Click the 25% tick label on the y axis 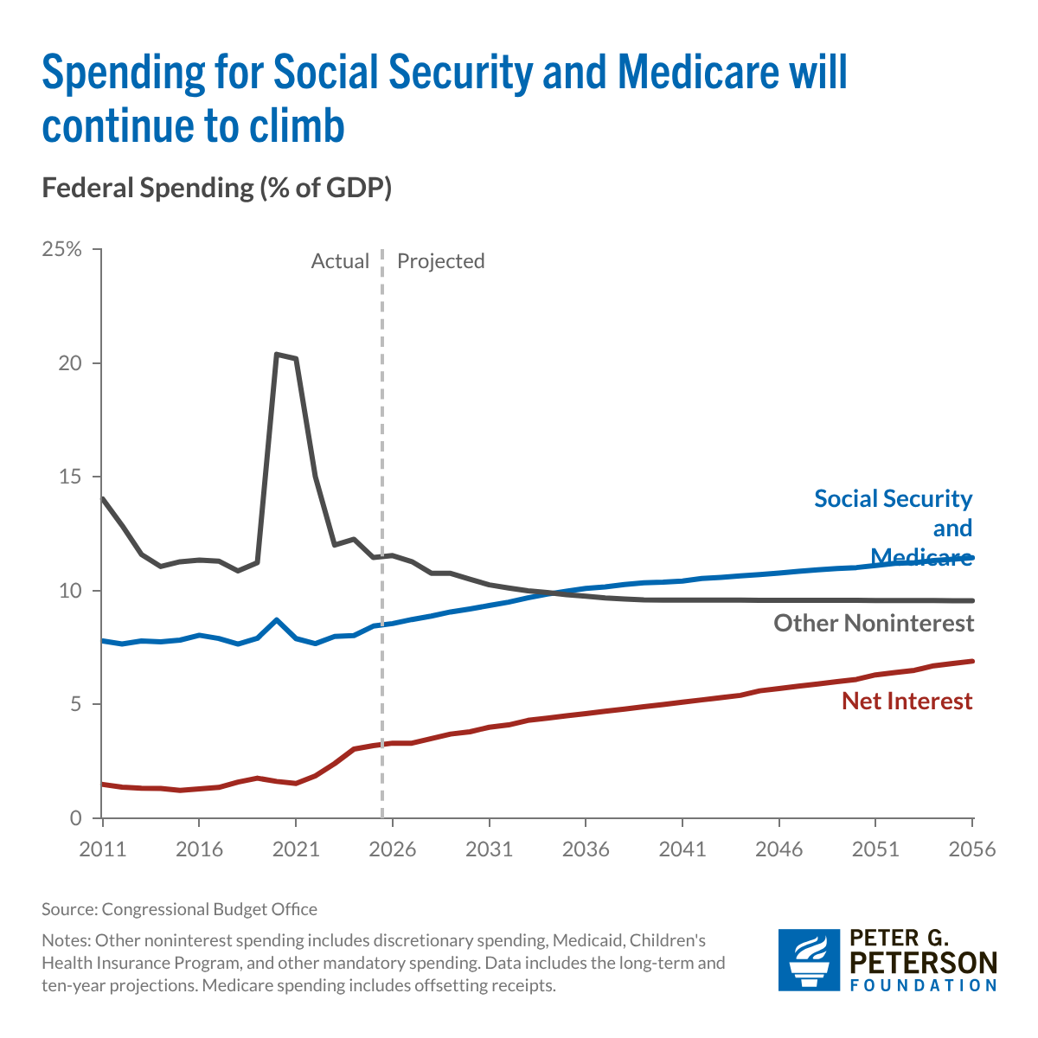[61, 250]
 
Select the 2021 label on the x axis [295, 849]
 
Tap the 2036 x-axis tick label [586, 849]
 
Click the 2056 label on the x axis [972, 849]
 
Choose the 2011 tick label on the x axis [102, 849]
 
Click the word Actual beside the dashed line [340, 261]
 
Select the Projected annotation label [440, 261]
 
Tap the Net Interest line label [907, 701]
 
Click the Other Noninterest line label [874, 623]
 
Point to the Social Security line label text [893, 499]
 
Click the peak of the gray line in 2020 [276, 354]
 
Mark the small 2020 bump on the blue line [276, 619]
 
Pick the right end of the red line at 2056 [972, 661]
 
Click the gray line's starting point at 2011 [103, 498]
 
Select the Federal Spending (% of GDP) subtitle [216, 188]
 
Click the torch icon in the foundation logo [808, 959]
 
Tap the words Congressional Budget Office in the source [209, 909]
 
